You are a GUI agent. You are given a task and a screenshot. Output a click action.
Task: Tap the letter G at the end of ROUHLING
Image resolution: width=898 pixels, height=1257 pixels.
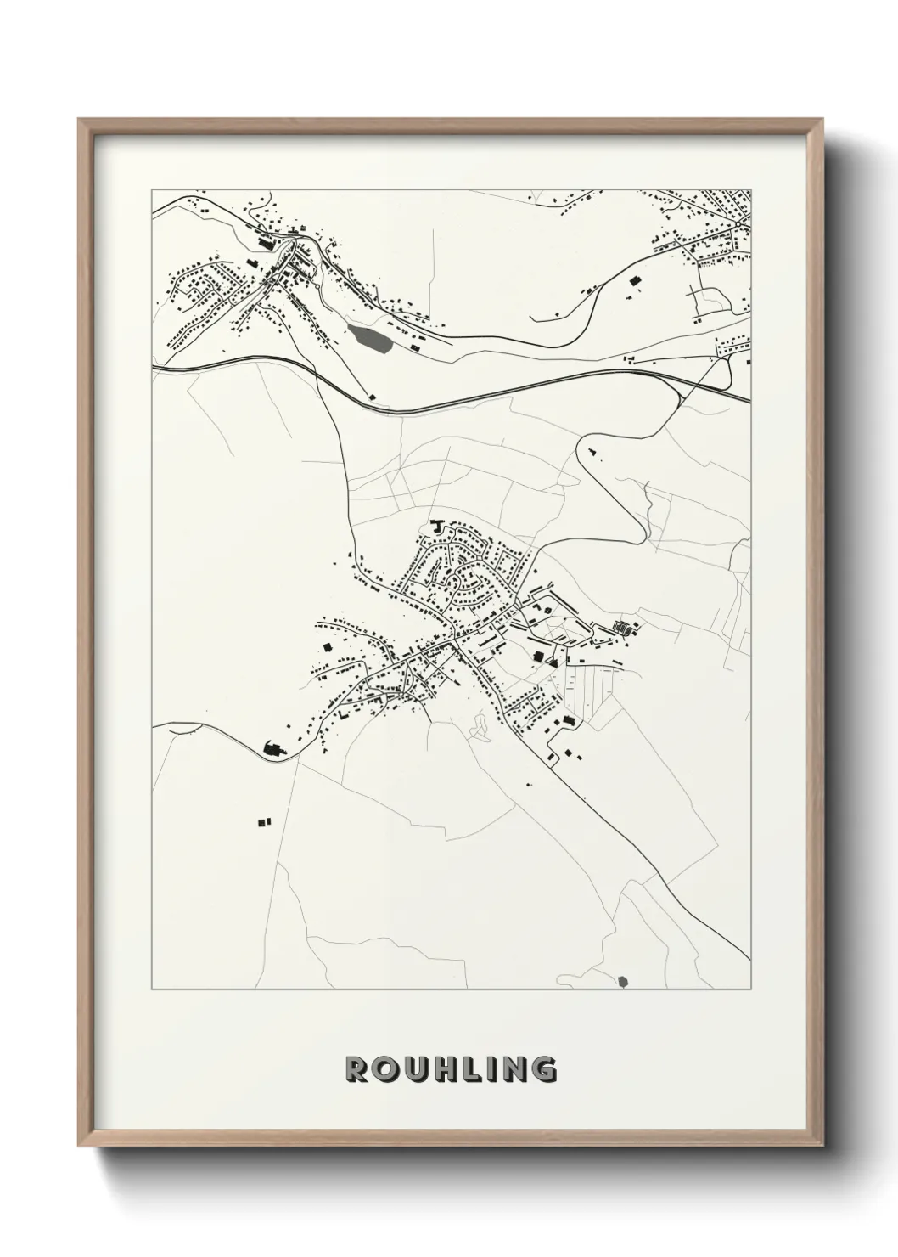(545, 1069)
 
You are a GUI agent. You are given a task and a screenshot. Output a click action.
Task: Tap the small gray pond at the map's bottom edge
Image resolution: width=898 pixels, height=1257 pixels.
(625, 982)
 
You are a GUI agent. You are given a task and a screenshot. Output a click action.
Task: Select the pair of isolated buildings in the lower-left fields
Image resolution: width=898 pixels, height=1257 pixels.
(264, 821)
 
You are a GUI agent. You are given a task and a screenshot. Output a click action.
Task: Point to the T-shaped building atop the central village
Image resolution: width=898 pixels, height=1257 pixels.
(438, 526)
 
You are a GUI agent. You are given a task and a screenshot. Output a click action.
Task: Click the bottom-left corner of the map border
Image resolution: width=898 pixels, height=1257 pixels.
(152, 989)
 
